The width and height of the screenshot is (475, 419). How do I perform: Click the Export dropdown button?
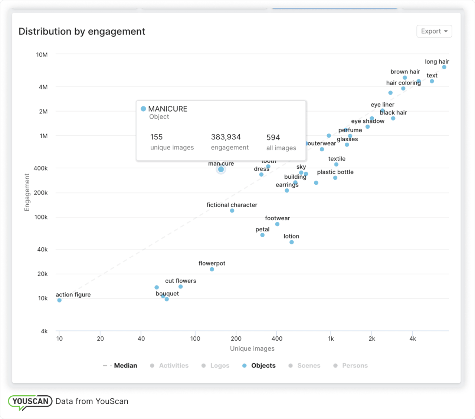(x=434, y=31)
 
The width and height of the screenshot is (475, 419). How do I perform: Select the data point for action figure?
(x=59, y=300)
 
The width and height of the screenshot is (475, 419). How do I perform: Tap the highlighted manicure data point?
(x=221, y=169)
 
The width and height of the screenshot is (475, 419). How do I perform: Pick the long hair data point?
(x=444, y=67)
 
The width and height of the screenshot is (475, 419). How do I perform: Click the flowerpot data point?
(x=212, y=269)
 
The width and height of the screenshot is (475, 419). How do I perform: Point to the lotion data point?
(x=292, y=242)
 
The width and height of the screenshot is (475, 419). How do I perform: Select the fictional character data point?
(x=232, y=211)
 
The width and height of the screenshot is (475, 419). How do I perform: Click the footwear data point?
(x=277, y=224)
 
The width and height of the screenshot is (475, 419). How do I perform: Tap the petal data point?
(x=262, y=235)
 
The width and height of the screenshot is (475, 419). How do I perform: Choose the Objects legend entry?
(x=263, y=366)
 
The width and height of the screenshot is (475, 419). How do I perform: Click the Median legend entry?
(x=125, y=366)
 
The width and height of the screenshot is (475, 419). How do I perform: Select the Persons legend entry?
(x=354, y=366)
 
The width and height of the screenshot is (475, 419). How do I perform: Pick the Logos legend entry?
(x=219, y=366)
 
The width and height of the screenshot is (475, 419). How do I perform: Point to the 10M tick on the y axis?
(x=42, y=55)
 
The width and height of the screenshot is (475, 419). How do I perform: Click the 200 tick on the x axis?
(x=236, y=339)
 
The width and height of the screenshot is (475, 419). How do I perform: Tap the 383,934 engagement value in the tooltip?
(x=226, y=137)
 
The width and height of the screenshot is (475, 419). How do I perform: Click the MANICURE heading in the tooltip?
(x=168, y=109)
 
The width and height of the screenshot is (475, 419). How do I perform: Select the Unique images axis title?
(x=252, y=349)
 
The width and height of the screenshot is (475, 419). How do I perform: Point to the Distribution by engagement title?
(x=82, y=32)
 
